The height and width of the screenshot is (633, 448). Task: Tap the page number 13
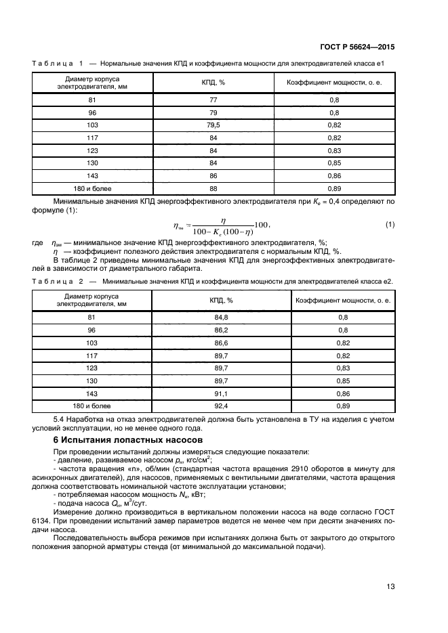[390, 586]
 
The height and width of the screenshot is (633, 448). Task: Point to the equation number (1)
[390, 224]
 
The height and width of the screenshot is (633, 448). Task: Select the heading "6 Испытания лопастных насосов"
[111, 439]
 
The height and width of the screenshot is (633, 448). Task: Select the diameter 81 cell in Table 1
[93, 99]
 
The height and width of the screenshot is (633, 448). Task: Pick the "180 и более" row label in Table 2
[93, 406]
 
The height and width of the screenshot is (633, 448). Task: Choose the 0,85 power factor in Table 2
[342, 380]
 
